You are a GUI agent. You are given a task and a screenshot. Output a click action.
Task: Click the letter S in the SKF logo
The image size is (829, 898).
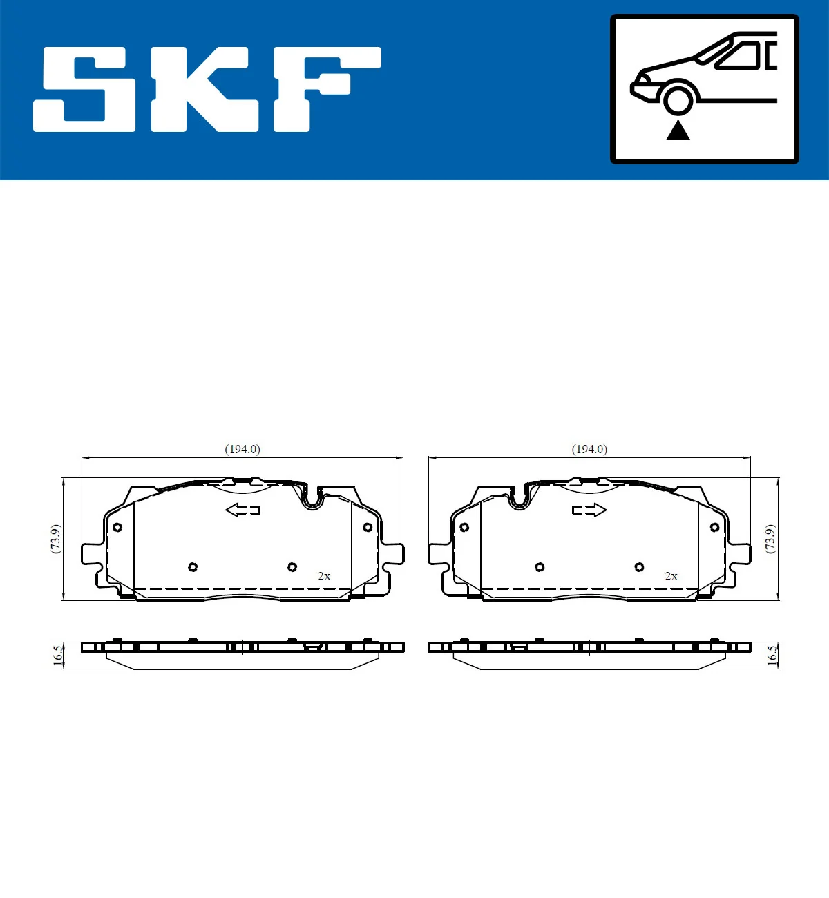click(x=86, y=88)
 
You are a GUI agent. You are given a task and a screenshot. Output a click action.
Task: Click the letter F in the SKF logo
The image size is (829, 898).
click(x=325, y=88)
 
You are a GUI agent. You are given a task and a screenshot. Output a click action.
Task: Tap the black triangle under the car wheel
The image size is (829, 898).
click(x=678, y=131)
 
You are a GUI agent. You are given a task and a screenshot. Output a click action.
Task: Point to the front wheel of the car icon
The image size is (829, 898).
click(x=678, y=99)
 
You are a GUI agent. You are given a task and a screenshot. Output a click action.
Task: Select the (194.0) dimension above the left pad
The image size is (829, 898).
click(x=242, y=449)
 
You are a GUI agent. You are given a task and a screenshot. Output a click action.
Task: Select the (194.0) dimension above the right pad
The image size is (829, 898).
click(x=589, y=449)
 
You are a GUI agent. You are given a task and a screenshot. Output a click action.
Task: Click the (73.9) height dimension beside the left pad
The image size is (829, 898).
click(x=56, y=538)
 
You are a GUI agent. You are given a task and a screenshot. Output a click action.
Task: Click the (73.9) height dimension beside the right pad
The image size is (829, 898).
click(x=770, y=538)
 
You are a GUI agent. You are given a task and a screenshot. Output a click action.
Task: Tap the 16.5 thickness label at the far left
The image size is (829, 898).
click(x=58, y=654)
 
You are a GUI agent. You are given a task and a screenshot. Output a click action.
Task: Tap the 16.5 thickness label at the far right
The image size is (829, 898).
click(x=772, y=654)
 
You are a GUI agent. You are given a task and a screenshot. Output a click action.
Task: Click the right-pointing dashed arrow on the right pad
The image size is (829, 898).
click(x=589, y=510)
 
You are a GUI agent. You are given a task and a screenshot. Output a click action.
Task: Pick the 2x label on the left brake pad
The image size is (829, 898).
click(x=324, y=576)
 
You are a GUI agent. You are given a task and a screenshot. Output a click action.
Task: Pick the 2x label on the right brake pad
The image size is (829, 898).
click(x=671, y=576)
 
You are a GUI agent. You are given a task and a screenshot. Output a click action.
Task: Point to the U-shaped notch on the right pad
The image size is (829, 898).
click(x=518, y=497)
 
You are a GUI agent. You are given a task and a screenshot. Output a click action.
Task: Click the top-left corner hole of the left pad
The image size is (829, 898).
click(x=117, y=527)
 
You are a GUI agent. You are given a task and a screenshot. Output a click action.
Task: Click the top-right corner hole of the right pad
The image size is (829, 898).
click(x=714, y=527)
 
